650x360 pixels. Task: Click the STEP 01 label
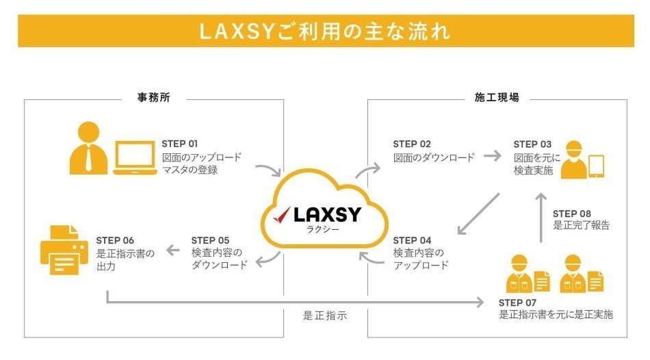[x=179, y=144]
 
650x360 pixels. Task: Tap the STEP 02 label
[x=411, y=144]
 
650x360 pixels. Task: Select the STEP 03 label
[x=532, y=144]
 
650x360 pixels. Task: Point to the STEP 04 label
[x=412, y=240]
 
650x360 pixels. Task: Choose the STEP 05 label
[x=210, y=240]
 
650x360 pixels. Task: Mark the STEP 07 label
[x=518, y=302]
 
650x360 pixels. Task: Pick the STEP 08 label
[x=572, y=214]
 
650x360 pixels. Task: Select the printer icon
[x=64, y=250]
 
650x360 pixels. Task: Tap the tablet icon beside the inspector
[x=597, y=166]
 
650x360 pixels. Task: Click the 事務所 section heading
[x=154, y=98]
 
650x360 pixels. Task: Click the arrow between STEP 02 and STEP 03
[x=493, y=156]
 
